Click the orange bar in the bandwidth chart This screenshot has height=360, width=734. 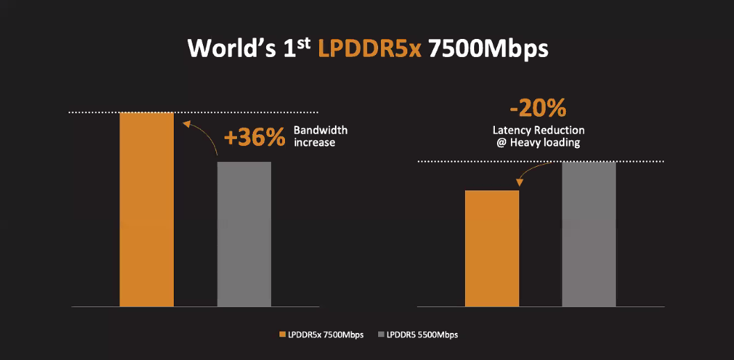coord(147,208)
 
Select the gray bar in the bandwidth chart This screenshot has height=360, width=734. coord(244,234)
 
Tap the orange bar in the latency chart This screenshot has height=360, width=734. coord(492,247)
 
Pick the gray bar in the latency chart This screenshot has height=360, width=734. coord(589,234)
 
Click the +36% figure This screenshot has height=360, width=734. coord(254,137)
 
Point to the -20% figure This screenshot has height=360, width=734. coord(537,108)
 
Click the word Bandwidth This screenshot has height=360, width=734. coord(320,130)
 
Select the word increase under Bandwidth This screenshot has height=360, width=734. coord(314,142)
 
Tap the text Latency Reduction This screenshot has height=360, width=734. coord(539,130)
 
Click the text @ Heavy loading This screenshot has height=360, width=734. coord(539,142)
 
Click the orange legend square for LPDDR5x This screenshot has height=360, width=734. coord(282,334)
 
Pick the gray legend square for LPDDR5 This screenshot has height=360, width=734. coord(380,334)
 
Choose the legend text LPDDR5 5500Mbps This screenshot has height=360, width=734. coord(422,334)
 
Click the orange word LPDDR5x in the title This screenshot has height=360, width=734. coord(370,50)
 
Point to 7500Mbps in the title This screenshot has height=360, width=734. coord(488,50)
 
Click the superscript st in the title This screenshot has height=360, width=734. coord(306,43)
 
